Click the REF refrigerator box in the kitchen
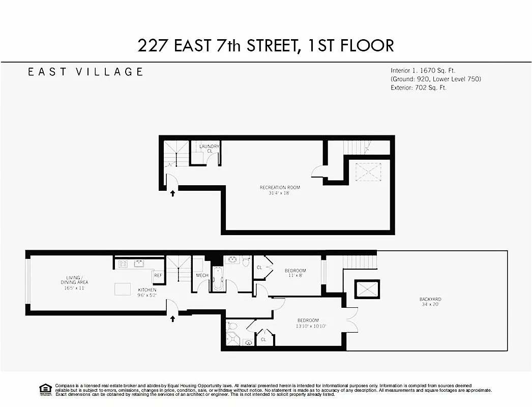158,275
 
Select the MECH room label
202,275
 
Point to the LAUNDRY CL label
209,149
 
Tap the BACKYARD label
430,299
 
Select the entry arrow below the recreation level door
172,193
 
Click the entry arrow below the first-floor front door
172,319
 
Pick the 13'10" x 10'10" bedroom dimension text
311,326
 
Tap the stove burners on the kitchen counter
123,264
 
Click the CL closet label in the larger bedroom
263,339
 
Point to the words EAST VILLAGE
85,72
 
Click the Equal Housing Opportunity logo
45,389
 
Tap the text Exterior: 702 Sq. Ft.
419,88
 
